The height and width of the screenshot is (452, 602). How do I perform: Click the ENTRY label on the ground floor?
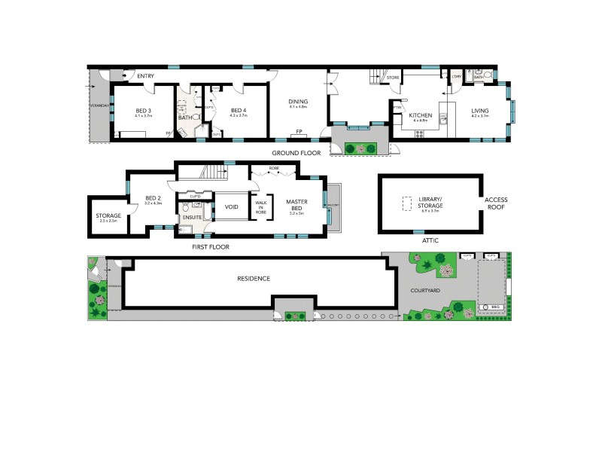[145, 75]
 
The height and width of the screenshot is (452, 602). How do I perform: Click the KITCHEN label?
[420, 115]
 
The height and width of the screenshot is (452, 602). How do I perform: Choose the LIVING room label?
[480, 111]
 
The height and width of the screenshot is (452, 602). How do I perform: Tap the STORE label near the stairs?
[393, 78]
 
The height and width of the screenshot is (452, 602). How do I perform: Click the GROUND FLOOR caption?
[296, 153]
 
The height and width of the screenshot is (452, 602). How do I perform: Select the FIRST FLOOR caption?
[211, 246]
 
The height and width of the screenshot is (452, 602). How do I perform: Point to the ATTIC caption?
[431, 240]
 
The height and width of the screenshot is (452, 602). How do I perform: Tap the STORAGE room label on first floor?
[108, 216]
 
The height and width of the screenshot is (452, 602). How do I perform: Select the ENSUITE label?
[191, 218]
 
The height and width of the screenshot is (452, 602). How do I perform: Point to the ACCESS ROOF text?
[497, 204]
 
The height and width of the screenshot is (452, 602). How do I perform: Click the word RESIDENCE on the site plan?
[254, 279]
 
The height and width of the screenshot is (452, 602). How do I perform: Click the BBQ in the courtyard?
[494, 307]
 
